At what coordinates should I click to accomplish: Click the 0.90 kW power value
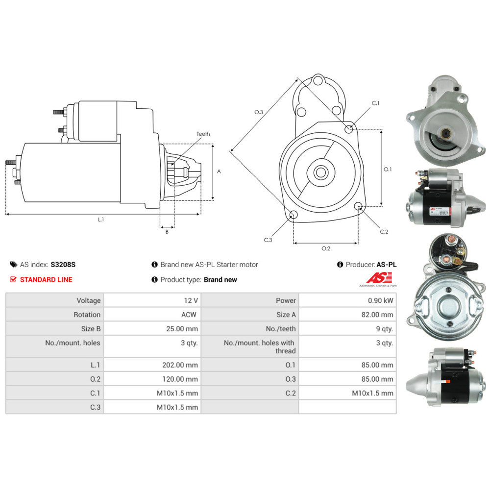[380, 301]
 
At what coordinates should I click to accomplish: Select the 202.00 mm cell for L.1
[180, 365]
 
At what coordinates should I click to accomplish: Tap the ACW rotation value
[189, 315]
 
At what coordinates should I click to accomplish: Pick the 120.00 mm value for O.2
[180, 379]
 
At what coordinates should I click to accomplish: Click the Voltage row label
[89, 301]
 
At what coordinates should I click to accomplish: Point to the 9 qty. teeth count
[384, 329]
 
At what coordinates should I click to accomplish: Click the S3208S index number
[63, 265]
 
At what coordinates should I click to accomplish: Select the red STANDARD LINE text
[46, 280]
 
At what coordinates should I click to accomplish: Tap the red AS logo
[379, 277]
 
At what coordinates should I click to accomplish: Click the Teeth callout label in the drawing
[203, 134]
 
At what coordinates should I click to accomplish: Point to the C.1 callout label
[375, 103]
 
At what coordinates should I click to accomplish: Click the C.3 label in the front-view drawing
[268, 240]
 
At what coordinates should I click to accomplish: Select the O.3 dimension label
[258, 112]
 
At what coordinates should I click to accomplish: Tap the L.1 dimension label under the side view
[100, 220]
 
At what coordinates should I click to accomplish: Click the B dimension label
[167, 232]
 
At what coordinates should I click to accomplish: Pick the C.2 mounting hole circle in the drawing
[359, 206]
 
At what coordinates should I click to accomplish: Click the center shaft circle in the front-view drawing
[321, 172]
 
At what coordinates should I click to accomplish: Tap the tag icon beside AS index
[14, 265]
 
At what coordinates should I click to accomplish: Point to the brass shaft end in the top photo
[445, 133]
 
